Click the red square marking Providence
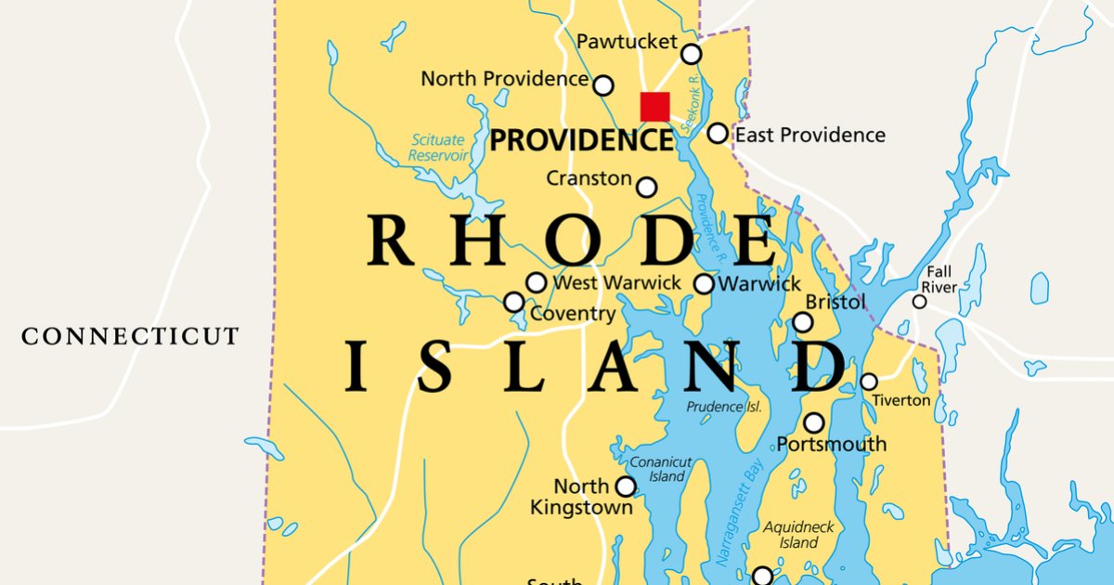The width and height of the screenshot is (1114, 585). (x=654, y=106)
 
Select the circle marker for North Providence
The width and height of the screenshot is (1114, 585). (x=603, y=85)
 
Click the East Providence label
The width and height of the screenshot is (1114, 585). (x=810, y=136)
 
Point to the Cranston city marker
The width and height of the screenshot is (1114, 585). (x=646, y=188)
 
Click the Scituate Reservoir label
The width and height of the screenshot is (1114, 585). (x=438, y=148)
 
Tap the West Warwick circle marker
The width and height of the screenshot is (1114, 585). (x=537, y=282)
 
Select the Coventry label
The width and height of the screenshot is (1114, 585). (x=572, y=314)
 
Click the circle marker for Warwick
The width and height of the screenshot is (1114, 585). (x=705, y=283)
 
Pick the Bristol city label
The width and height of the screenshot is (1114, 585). (x=835, y=302)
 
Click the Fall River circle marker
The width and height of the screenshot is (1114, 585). (x=919, y=302)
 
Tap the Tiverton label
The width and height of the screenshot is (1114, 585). (x=900, y=400)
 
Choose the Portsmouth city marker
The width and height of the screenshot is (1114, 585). (x=813, y=422)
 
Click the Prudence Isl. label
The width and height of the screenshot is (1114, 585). (x=723, y=407)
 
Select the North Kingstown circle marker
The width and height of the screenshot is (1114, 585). (x=626, y=487)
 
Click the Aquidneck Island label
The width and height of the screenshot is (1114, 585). (x=798, y=535)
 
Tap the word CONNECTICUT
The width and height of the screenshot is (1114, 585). (x=130, y=336)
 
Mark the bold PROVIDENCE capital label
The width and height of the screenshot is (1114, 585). (x=581, y=141)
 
